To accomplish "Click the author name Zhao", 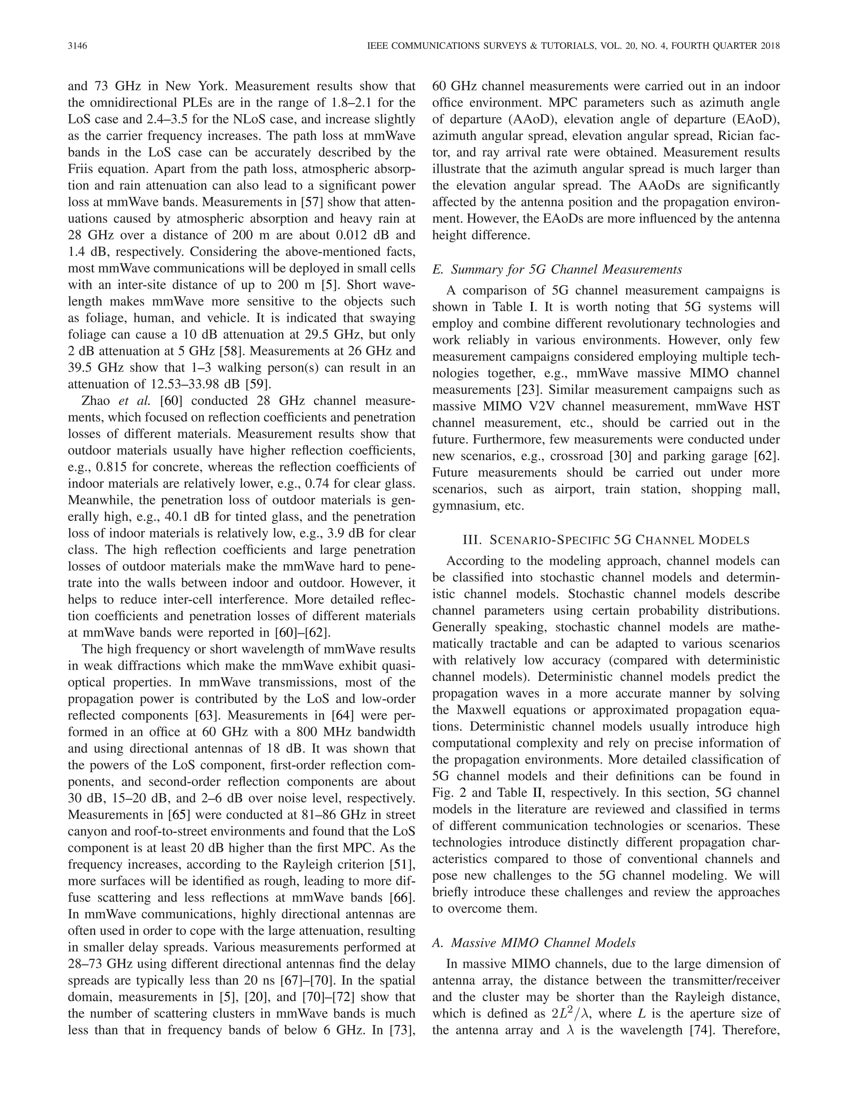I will pos(96,401).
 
